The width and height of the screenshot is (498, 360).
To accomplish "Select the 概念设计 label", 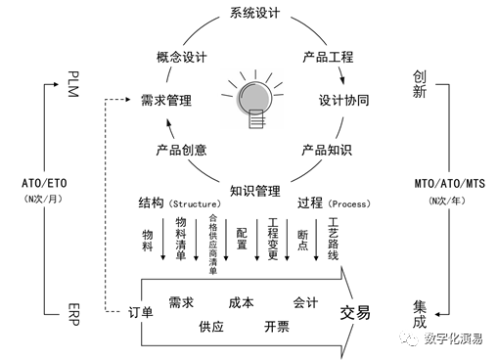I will pyautogui.click(x=180, y=56).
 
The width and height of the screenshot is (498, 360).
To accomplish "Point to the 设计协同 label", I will pyautogui.click(x=342, y=100).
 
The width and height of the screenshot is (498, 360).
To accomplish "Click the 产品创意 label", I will pyautogui.click(x=180, y=151).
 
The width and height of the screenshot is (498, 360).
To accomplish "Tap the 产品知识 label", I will pyautogui.click(x=326, y=151).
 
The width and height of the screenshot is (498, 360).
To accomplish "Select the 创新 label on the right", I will pyautogui.click(x=419, y=84).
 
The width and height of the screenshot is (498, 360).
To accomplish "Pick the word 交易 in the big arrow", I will pyautogui.click(x=355, y=312).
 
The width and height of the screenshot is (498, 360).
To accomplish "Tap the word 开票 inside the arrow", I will pyautogui.click(x=276, y=326).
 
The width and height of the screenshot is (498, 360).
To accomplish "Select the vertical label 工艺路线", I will pyautogui.click(x=334, y=238).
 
